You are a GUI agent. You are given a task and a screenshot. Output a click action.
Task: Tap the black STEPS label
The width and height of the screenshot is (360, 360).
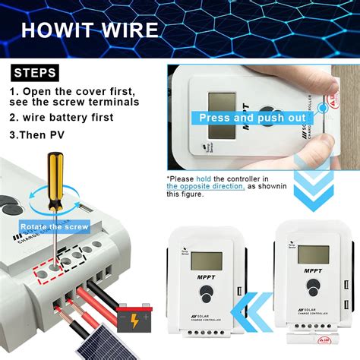point(34,73)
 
